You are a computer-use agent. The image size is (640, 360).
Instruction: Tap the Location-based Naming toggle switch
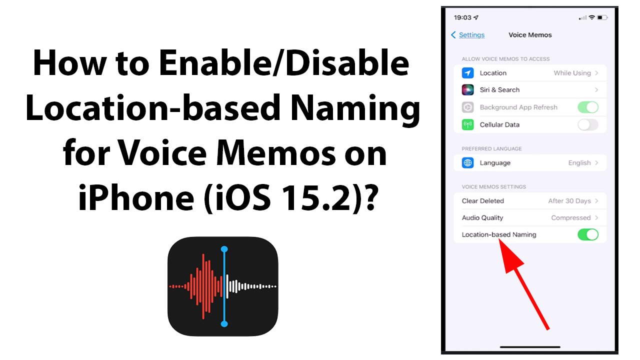point(587,234)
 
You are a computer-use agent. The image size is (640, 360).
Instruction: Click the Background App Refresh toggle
point(587,107)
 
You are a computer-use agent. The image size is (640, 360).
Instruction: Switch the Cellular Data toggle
point(587,124)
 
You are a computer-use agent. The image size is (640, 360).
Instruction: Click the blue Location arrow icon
point(467,73)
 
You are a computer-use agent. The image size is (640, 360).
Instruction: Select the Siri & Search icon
point(467,90)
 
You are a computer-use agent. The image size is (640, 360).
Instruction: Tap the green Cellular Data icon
point(467,124)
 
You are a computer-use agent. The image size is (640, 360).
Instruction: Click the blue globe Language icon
point(467,163)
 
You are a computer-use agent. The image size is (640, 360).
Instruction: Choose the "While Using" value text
point(572,73)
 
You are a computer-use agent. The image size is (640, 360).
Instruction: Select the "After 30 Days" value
point(569,201)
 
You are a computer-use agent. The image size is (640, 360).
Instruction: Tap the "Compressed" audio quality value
point(570,218)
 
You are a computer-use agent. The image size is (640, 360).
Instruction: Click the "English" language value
point(579,163)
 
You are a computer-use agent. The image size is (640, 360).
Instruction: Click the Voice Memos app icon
point(222,286)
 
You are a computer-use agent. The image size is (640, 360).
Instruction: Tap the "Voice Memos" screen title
point(530,35)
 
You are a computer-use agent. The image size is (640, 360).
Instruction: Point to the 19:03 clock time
point(462,17)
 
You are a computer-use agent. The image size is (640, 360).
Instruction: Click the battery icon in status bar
point(602,17)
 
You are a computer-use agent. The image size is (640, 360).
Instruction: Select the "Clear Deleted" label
point(482,201)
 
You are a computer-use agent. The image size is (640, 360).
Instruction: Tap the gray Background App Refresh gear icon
point(467,107)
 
